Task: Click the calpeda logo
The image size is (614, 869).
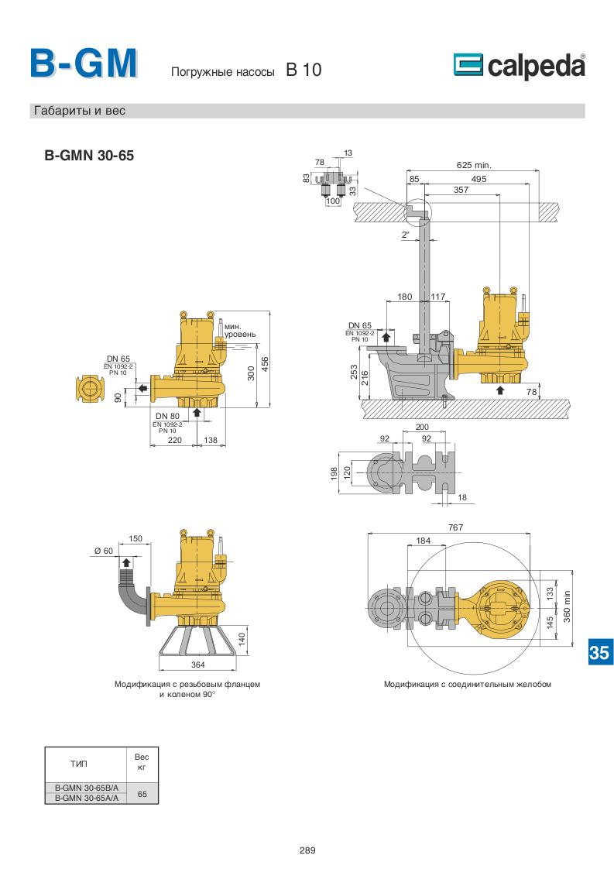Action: pyautogui.click(x=519, y=67)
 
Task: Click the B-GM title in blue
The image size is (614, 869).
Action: pyautogui.click(x=84, y=64)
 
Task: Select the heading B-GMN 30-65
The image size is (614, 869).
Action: pyautogui.click(x=89, y=155)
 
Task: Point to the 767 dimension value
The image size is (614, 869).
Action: pyautogui.click(x=454, y=527)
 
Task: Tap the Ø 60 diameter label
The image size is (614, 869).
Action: pyautogui.click(x=103, y=551)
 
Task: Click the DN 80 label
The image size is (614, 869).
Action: pyautogui.click(x=167, y=416)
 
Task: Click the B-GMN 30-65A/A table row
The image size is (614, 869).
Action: pyautogui.click(x=87, y=798)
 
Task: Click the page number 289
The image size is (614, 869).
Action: pyautogui.click(x=307, y=850)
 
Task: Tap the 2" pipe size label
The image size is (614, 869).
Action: pyautogui.click(x=405, y=235)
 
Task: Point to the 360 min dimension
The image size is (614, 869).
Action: pyautogui.click(x=568, y=607)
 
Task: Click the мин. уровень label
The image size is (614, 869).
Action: pyautogui.click(x=239, y=331)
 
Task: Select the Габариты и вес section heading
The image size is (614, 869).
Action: pyautogui.click(x=79, y=111)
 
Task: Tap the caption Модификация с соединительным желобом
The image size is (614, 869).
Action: pyautogui.click(x=467, y=685)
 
